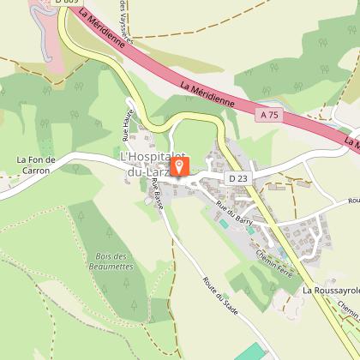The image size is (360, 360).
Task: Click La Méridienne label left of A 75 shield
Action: [x=208, y=94]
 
